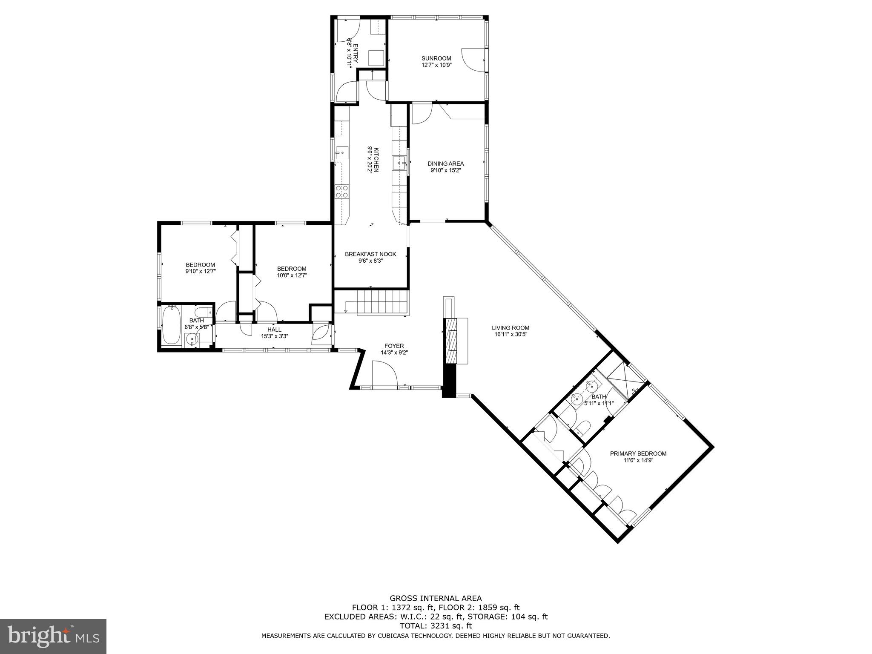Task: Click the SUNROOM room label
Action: pyautogui.click(x=436, y=58)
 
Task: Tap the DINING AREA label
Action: pyautogui.click(x=445, y=163)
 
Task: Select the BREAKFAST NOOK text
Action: pyautogui.click(x=370, y=254)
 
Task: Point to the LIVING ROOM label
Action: pyautogui.click(x=511, y=328)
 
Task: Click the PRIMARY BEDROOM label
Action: pyautogui.click(x=638, y=453)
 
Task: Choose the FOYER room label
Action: pyautogui.click(x=394, y=346)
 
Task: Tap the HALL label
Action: pyautogui.click(x=274, y=330)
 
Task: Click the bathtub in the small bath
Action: pyautogui.click(x=171, y=325)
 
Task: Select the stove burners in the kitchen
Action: pyautogui.click(x=342, y=192)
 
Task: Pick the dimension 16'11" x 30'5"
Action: pyautogui.click(x=511, y=334)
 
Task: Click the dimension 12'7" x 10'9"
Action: pyautogui.click(x=436, y=65)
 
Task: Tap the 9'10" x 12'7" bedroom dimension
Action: pyautogui.click(x=200, y=271)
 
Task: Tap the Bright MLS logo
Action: pyautogui.click(x=53, y=636)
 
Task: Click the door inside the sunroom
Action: pyautogui.click(x=473, y=60)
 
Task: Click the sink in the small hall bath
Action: pyautogui.click(x=193, y=340)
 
